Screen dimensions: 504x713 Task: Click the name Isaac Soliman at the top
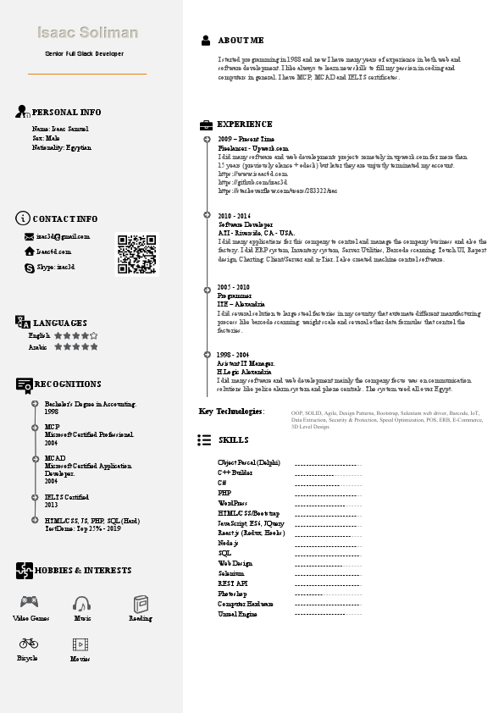point(87,33)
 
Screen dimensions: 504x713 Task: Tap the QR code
point(136,254)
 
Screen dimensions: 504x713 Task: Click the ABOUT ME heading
point(241,40)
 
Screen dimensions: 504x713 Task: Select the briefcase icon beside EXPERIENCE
point(206,124)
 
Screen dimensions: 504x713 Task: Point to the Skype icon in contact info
point(29,267)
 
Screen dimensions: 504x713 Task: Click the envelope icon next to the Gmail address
point(29,237)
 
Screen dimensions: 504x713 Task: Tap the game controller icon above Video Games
point(29,603)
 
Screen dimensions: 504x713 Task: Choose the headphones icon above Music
point(81,603)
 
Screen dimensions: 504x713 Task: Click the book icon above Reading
point(141,603)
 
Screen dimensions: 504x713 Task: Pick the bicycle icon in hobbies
point(28,643)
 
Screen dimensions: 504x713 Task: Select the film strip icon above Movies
point(80,644)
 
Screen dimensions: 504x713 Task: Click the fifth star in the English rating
point(94,335)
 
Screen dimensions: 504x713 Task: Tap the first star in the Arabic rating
point(58,346)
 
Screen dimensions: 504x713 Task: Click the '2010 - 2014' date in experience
point(234,216)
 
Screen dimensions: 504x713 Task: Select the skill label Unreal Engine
point(237,614)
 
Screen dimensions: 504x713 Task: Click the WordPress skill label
point(232,503)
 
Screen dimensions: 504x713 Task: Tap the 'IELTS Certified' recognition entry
point(67,497)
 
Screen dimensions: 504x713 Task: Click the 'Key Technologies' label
point(231,412)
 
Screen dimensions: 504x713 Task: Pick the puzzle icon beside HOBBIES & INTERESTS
point(25,571)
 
